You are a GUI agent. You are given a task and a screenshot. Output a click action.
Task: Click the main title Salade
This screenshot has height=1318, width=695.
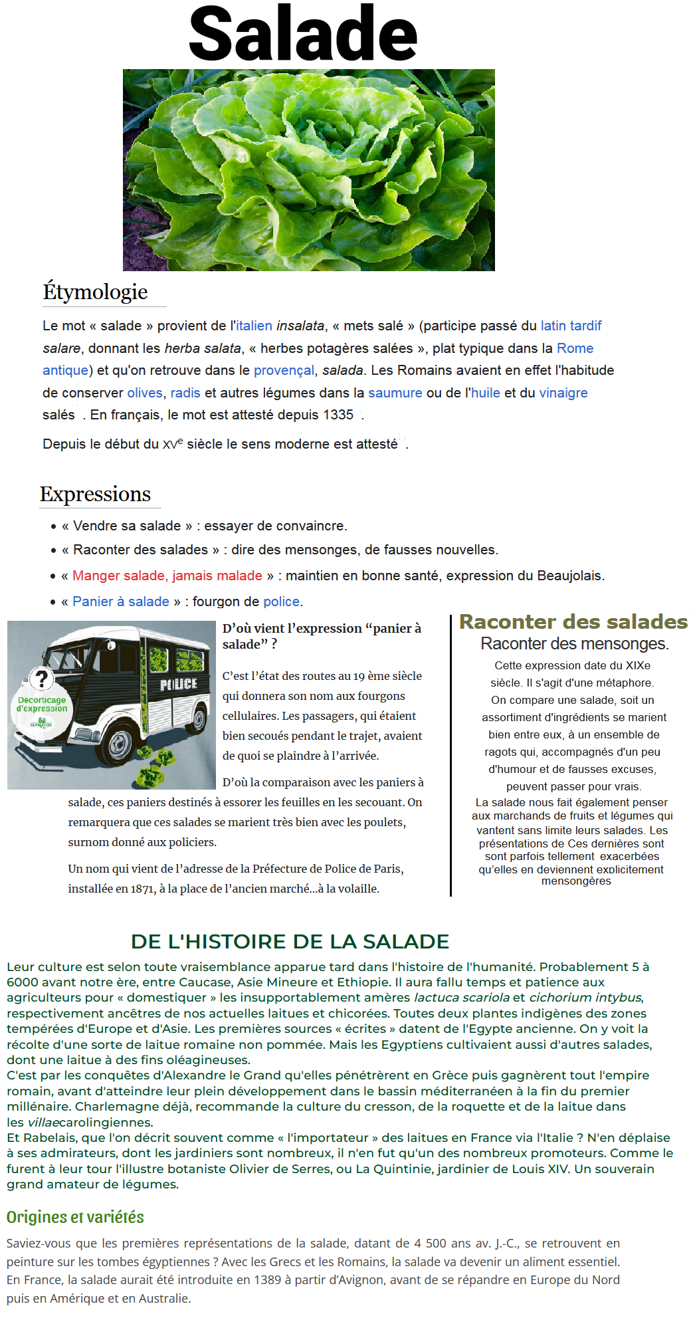click(x=303, y=33)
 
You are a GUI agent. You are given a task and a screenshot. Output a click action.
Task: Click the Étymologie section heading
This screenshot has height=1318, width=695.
click(x=95, y=292)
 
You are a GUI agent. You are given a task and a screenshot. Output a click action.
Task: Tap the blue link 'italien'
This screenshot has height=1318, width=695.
click(x=254, y=326)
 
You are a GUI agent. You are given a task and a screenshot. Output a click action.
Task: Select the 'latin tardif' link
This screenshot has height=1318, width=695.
click(x=571, y=326)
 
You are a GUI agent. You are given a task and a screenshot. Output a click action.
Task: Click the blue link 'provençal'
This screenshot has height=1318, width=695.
click(x=284, y=370)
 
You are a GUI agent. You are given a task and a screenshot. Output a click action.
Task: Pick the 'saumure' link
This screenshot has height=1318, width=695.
click(x=395, y=393)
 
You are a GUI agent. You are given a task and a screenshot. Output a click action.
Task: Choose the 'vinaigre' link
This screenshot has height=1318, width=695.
click(x=563, y=393)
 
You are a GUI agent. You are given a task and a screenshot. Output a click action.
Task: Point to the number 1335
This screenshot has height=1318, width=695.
click(x=338, y=415)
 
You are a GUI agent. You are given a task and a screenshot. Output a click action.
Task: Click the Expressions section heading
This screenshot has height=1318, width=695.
click(x=95, y=494)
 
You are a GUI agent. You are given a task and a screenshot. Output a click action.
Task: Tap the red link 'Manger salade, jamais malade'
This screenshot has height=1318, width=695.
click(x=167, y=576)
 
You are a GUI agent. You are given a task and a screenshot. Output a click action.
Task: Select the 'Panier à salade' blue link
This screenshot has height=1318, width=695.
click(x=121, y=602)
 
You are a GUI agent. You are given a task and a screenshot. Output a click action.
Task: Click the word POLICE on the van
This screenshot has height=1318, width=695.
click(x=179, y=684)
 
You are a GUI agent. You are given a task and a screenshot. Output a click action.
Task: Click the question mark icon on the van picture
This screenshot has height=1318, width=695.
click(x=42, y=679)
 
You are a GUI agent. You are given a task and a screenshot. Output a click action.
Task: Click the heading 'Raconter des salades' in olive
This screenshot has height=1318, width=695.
click(x=573, y=622)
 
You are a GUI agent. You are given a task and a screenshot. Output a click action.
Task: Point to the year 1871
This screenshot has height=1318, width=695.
click(x=143, y=889)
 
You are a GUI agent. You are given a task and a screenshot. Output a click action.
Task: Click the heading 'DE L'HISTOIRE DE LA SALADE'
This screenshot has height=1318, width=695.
click(x=290, y=942)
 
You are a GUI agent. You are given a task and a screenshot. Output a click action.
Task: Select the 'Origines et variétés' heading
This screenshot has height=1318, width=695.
click(x=75, y=1217)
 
